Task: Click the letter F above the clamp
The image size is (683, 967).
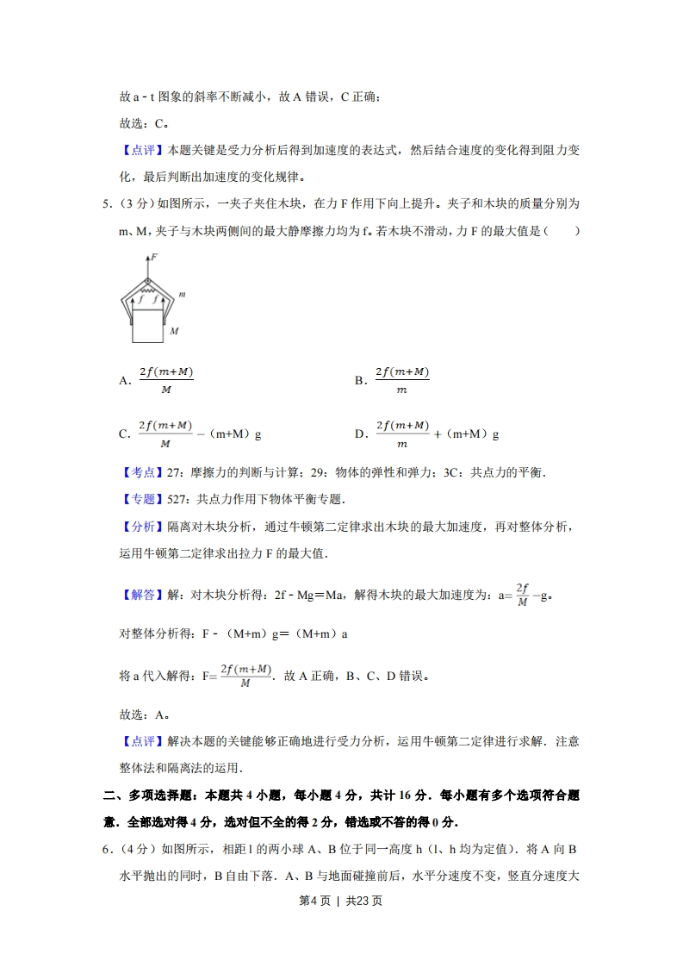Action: click(153, 257)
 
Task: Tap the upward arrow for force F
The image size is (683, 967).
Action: click(147, 265)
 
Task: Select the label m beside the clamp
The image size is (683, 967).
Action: click(181, 296)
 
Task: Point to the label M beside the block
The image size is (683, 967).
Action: click(173, 330)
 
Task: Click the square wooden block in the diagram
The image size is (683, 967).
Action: click(147, 326)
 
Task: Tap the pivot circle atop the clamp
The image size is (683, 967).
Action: click(147, 281)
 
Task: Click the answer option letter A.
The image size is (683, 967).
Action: click(124, 380)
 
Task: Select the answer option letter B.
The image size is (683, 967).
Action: click(359, 380)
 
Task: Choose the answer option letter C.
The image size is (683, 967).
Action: click(124, 434)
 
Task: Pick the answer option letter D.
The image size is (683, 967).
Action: click(360, 434)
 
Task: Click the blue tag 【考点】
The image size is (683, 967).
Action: click(138, 472)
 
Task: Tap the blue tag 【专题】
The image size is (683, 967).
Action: click(138, 499)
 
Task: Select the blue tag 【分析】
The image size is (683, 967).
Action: click(138, 527)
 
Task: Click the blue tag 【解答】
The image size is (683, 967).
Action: click(138, 595)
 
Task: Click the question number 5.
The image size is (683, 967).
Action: click(105, 204)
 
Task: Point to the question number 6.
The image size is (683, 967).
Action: click(105, 850)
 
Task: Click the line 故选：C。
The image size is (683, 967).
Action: click(143, 123)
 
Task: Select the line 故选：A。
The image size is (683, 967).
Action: click(143, 714)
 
